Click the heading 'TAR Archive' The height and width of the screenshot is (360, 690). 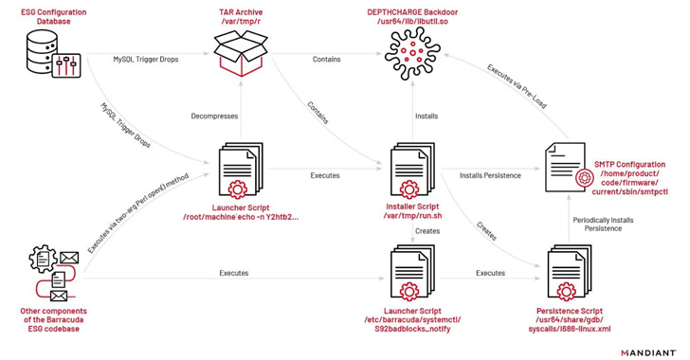coord(237,9)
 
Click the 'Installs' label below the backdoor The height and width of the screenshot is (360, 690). coord(427,116)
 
